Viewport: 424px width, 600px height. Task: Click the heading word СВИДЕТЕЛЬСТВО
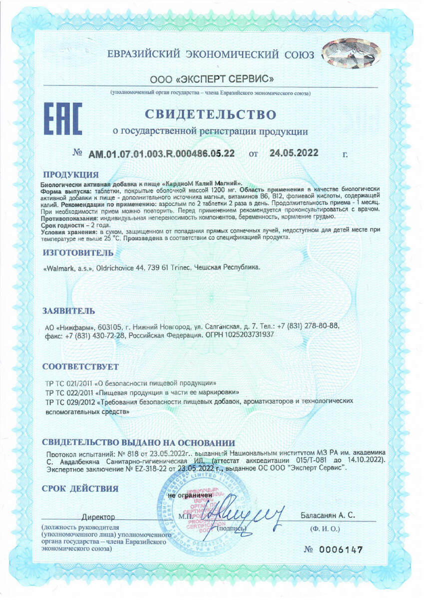click(211, 114)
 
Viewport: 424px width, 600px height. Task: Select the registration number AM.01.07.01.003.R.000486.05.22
click(162, 154)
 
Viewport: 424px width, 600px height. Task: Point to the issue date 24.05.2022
click(294, 153)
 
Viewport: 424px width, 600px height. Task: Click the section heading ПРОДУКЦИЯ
click(70, 174)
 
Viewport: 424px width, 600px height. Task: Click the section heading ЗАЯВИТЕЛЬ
click(65, 311)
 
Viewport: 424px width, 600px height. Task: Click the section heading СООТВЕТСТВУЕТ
click(80, 366)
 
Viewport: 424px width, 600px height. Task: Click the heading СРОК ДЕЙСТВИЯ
click(80, 488)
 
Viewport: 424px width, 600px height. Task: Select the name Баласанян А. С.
click(327, 515)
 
